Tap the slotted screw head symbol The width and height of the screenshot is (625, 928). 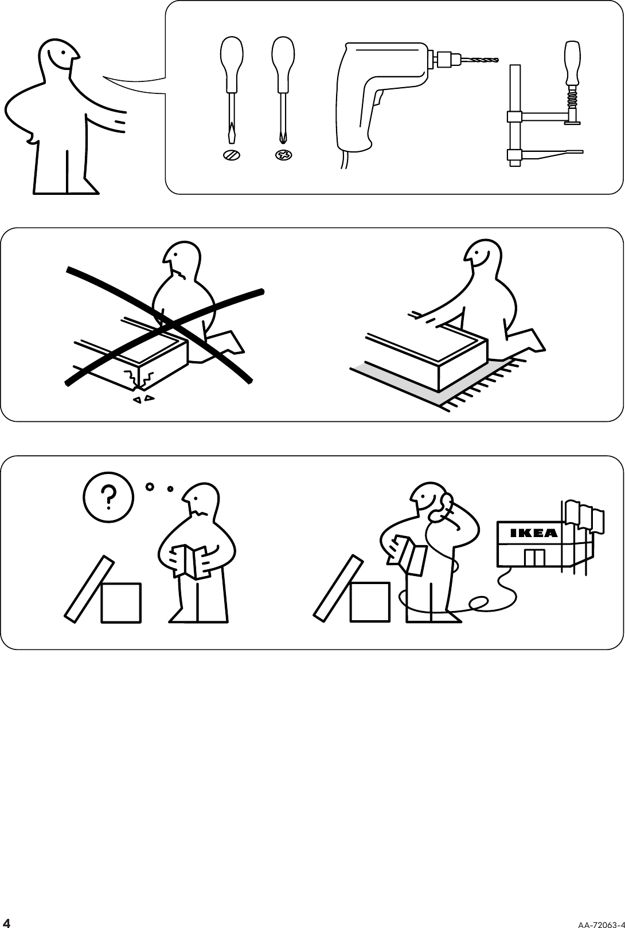[x=232, y=155]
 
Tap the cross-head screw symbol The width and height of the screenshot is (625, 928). [x=283, y=155]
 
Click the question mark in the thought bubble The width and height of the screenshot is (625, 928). [x=108, y=497]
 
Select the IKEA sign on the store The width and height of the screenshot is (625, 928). [x=533, y=533]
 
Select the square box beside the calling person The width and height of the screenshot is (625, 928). [x=370, y=602]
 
